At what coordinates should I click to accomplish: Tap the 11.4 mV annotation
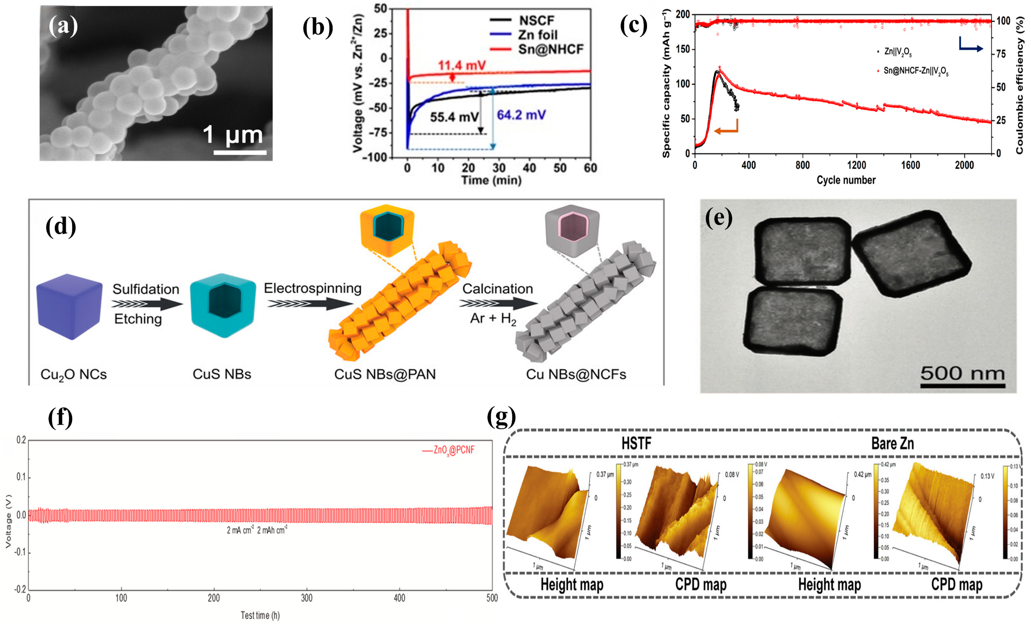(462, 66)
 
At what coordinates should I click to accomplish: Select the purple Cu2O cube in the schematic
(69, 307)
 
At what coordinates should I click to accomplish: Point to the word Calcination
(497, 289)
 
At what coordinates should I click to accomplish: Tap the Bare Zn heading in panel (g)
(892, 443)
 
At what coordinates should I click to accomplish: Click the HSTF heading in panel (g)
(636, 443)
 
